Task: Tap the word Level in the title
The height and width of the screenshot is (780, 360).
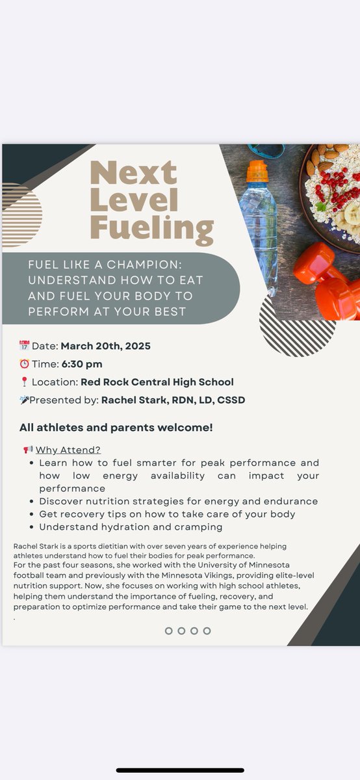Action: click(134, 201)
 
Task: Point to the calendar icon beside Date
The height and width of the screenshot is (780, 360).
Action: click(24, 345)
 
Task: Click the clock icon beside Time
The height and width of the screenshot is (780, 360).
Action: click(24, 363)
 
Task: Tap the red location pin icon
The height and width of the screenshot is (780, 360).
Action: click(24, 382)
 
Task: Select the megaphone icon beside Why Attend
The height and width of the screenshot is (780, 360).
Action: click(28, 449)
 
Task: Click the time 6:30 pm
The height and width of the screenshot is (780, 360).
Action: click(81, 364)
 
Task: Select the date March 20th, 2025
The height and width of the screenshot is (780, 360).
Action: click(105, 346)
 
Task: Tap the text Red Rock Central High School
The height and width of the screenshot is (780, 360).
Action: click(157, 382)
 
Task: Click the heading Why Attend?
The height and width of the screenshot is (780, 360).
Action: click(68, 450)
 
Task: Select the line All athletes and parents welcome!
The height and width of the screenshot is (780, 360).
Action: click(116, 428)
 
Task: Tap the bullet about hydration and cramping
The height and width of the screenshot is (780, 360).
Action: click(131, 526)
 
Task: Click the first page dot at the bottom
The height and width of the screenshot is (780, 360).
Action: click(169, 630)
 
